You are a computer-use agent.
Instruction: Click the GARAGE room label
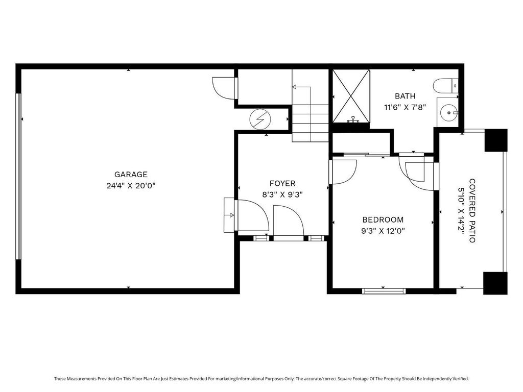pyautogui.click(x=131, y=175)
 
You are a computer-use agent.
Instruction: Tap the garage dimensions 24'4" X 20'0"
pyautogui.click(x=131, y=186)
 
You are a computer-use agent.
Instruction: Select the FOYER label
pyautogui.click(x=282, y=183)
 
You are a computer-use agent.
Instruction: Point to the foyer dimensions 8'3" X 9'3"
pyautogui.click(x=282, y=194)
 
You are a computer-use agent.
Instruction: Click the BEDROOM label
pyautogui.click(x=383, y=219)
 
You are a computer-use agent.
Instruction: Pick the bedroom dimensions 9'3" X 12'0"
pyautogui.click(x=383, y=231)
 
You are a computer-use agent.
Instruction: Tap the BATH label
pyautogui.click(x=405, y=96)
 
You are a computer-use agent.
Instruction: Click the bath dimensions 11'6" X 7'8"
pyautogui.click(x=405, y=107)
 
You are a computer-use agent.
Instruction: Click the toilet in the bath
pyautogui.click(x=445, y=86)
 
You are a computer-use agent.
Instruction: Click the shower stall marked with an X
pyautogui.click(x=351, y=96)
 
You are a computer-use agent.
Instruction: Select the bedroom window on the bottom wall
pyautogui.click(x=384, y=291)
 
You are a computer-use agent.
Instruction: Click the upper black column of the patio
pyautogui.click(x=496, y=140)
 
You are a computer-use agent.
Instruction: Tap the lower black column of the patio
pyautogui.click(x=495, y=283)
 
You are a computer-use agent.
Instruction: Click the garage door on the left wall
pyautogui.click(x=19, y=176)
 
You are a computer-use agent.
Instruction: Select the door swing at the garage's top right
pyautogui.click(x=224, y=88)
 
